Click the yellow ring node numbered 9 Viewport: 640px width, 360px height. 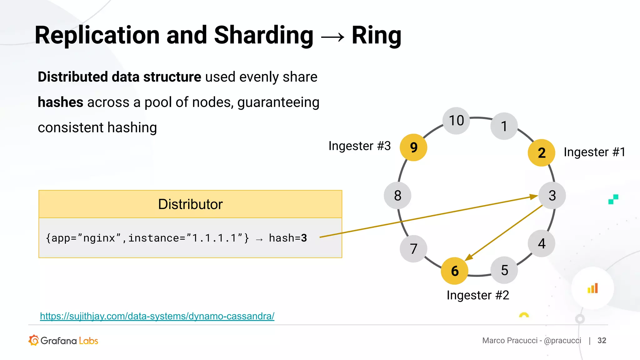click(413, 147)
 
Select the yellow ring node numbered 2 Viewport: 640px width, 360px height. click(541, 153)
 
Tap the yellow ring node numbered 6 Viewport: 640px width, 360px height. click(455, 271)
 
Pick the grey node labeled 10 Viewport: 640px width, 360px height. click(456, 121)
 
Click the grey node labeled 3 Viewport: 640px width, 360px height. click(552, 196)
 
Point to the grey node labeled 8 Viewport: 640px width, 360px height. click(397, 196)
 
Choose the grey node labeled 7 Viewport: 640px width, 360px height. click(413, 249)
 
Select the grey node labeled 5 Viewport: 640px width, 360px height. click(504, 270)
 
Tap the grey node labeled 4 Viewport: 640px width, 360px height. click(542, 243)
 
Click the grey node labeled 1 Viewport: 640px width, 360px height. click(504, 126)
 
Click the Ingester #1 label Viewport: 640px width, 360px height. click(594, 152)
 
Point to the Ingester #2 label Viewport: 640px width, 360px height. click(478, 295)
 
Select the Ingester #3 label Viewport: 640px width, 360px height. click(359, 146)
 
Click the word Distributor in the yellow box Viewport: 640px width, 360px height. click(190, 204)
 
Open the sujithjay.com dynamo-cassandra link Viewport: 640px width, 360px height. click(157, 316)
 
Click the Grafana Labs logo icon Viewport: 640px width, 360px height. click(34, 340)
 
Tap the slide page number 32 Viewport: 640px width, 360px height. click(602, 341)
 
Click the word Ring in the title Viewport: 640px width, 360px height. click(376, 35)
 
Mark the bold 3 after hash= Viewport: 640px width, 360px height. click(304, 238)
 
